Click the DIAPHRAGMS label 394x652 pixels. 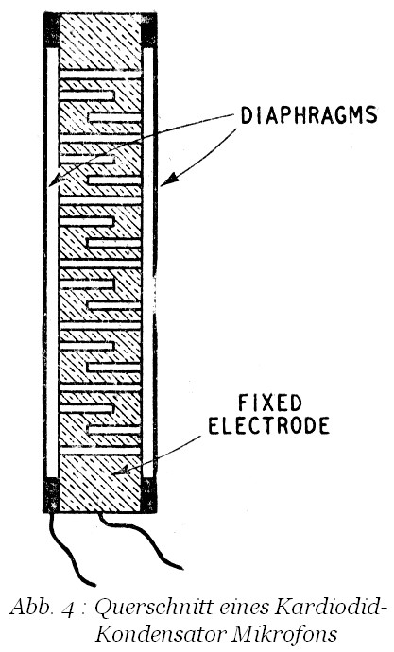point(309,115)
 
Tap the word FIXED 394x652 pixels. point(269,403)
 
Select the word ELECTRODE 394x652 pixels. point(269,425)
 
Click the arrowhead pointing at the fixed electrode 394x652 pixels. point(121,471)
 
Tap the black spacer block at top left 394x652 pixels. point(52,30)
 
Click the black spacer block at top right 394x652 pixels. point(148,31)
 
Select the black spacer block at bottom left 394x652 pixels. point(52,494)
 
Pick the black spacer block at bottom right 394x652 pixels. point(148,495)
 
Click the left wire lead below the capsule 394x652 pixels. point(71,549)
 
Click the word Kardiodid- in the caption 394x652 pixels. point(328,607)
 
